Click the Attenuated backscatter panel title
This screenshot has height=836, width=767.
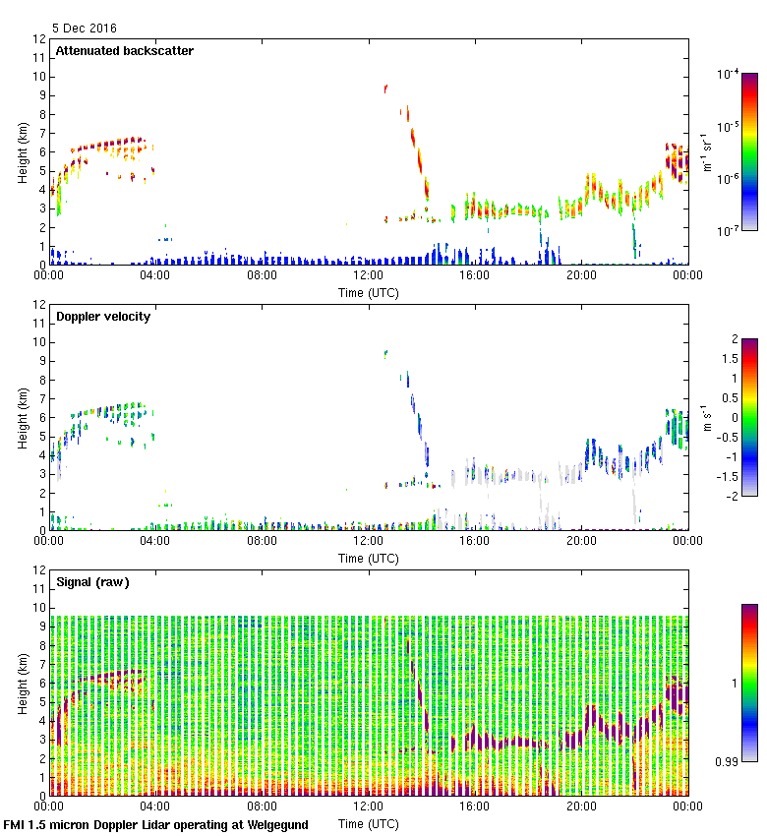tap(125, 51)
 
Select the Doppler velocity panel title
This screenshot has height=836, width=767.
tap(103, 317)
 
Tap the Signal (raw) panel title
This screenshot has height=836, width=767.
tap(92, 582)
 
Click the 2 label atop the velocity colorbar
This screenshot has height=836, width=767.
tap(734, 340)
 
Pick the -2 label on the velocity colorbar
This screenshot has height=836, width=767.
tap(731, 495)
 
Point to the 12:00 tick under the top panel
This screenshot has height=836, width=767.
tap(369, 275)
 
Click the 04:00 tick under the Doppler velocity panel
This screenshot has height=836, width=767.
tap(155, 541)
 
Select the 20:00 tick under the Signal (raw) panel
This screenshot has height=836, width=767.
tap(581, 806)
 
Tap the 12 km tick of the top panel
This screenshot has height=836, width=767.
tap(40, 39)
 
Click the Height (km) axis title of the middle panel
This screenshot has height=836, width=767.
tap(22, 418)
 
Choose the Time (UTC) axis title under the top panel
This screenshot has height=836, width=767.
tap(369, 292)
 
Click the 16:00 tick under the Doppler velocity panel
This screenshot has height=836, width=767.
tap(475, 541)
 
